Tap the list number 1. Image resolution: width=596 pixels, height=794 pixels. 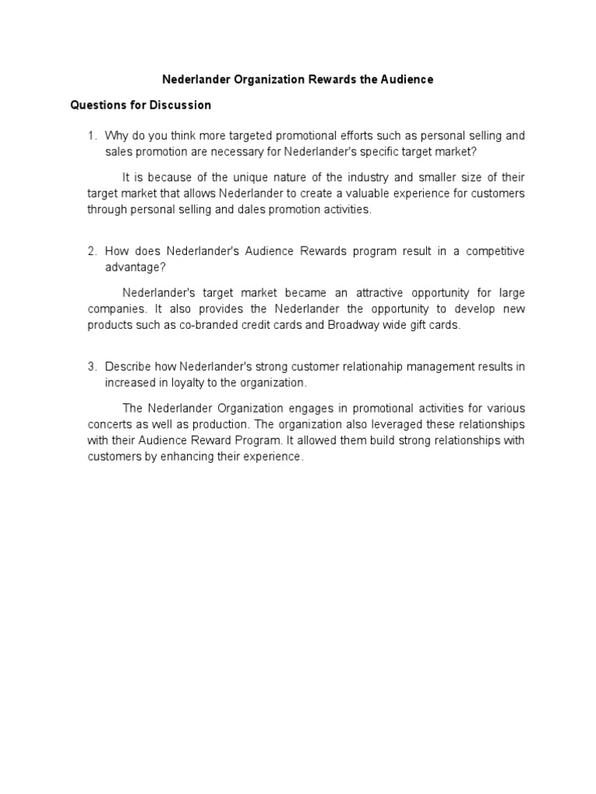[92, 136]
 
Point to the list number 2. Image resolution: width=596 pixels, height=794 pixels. [92, 251]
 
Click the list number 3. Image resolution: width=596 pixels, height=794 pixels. [92, 366]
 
